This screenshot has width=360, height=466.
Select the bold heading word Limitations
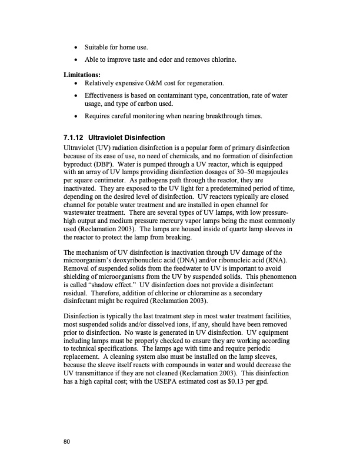point(82,75)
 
